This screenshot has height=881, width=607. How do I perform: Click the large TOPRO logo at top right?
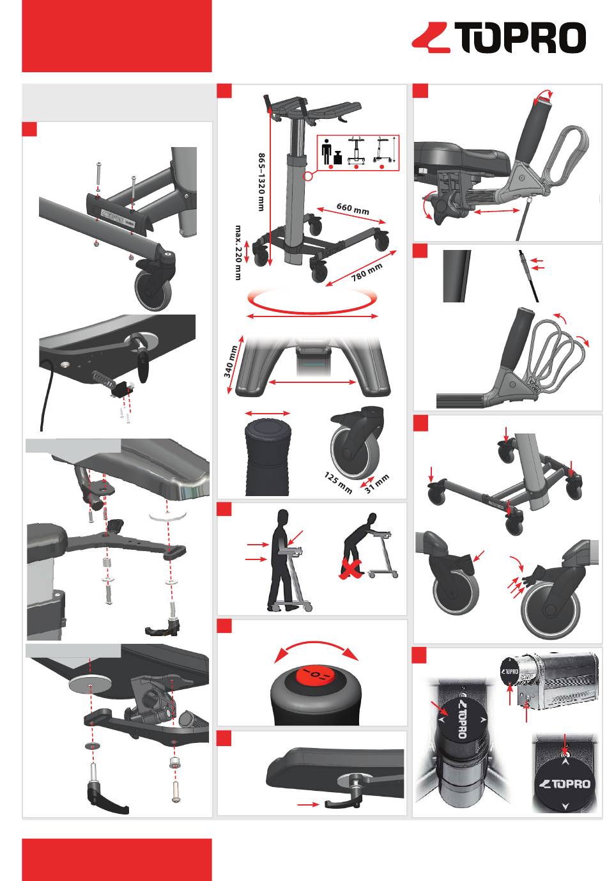(499, 38)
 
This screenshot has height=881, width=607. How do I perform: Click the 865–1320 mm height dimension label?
(261, 180)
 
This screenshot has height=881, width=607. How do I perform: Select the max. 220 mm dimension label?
(240, 252)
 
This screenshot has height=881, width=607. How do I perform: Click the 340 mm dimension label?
(231, 361)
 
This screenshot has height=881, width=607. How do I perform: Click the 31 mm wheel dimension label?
(376, 484)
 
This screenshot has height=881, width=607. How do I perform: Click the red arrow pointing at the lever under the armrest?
(308, 805)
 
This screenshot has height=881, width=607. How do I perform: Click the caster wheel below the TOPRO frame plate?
(153, 287)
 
